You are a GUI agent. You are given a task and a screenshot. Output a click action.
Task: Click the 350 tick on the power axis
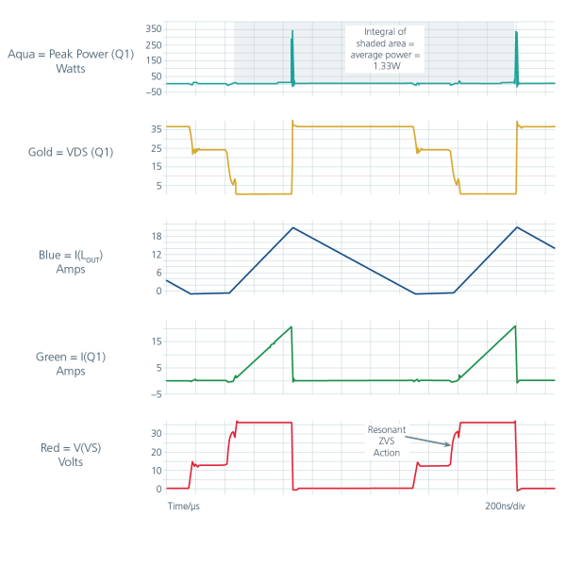(154, 29)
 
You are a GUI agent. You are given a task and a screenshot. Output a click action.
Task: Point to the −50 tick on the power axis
(154, 92)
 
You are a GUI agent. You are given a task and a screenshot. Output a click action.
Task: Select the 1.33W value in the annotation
(387, 66)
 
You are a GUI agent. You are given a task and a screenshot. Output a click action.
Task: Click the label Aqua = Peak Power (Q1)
(71, 54)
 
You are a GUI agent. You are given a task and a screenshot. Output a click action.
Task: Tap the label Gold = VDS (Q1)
(71, 152)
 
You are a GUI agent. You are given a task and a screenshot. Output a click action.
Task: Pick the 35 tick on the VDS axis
(157, 129)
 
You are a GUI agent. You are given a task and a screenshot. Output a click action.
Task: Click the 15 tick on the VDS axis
(157, 166)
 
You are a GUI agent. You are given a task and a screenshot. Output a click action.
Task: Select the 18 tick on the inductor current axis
(157, 237)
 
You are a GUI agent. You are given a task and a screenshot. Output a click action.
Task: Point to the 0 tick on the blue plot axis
(158, 291)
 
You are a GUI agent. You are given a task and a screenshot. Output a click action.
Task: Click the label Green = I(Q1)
(71, 357)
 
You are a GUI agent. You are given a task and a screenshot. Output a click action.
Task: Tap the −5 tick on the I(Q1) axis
(157, 394)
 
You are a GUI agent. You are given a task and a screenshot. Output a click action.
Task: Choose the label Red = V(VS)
(71, 448)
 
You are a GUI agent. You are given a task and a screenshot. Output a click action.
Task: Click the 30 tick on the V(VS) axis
(157, 434)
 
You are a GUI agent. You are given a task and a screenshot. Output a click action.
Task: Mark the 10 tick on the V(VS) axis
(157, 471)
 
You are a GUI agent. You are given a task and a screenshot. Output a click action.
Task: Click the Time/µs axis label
(184, 506)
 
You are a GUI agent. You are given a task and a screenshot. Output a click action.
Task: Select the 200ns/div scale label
(505, 506)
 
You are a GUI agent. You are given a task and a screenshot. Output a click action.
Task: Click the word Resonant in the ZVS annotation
(387, 429)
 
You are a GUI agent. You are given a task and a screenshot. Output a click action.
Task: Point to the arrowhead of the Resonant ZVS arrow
(449, 444)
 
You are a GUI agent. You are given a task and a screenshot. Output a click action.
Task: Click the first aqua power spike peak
(292, 31)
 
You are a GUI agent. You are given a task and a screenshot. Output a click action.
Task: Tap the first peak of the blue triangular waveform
(293, 227)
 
